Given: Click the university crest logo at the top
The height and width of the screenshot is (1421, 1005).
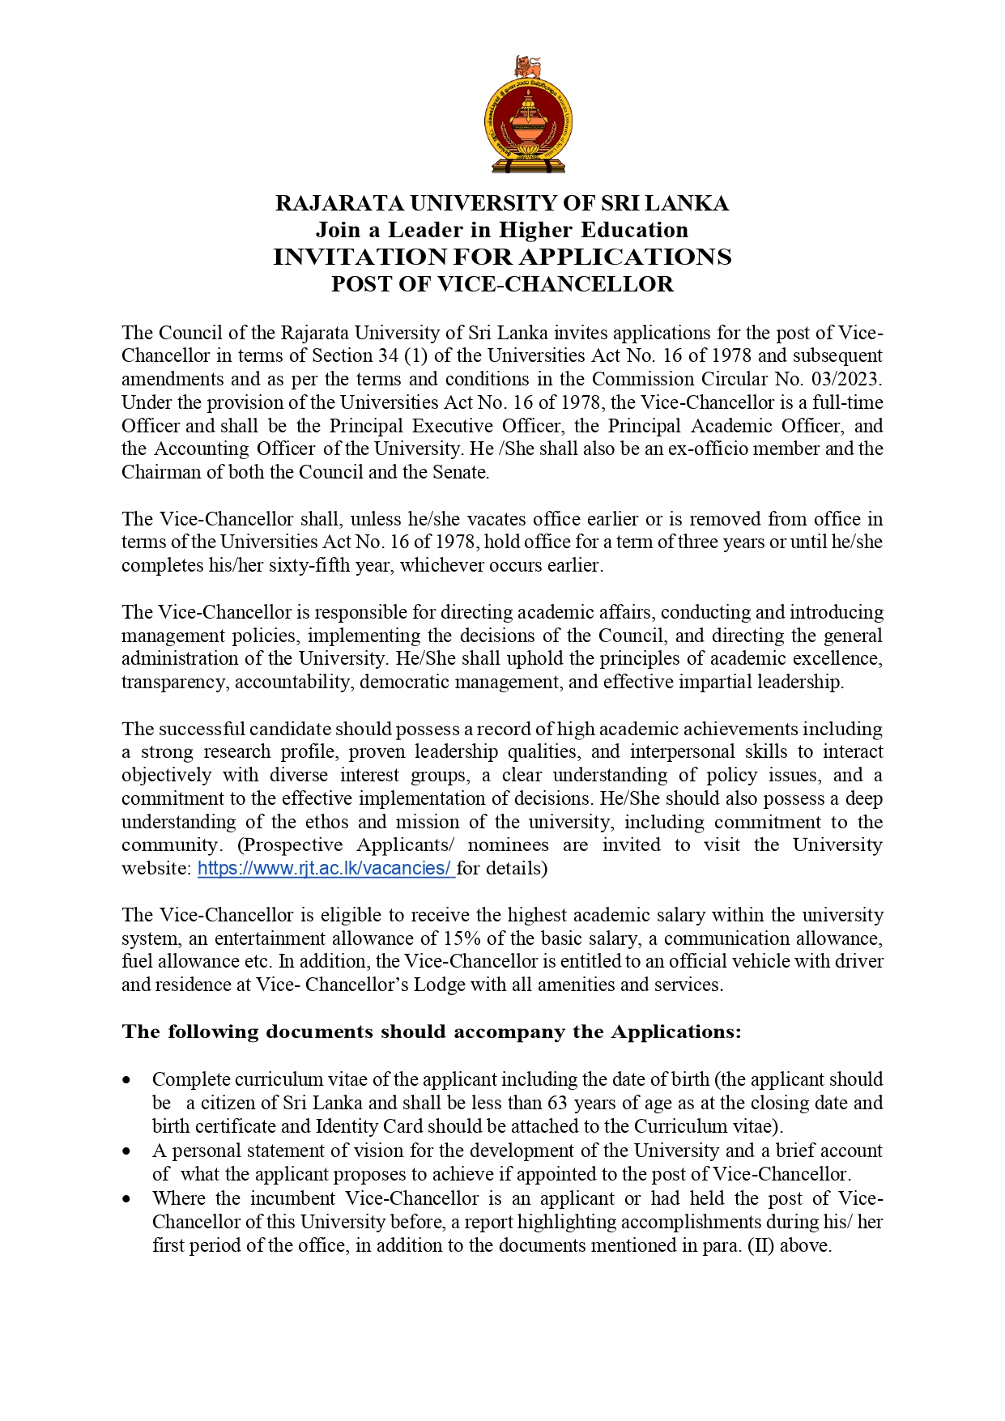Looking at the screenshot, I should (x=527, y=114).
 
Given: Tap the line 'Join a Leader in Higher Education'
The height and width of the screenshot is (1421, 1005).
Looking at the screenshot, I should (x=502, y=230).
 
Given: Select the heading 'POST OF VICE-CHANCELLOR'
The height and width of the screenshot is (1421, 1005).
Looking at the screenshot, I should (x=502, y=284).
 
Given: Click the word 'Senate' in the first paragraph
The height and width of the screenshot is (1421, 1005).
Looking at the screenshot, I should (x=462, y=473).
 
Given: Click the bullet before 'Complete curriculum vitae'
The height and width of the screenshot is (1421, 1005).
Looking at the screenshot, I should (x=126, y=1080).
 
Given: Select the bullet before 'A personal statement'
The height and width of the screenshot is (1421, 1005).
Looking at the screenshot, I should (x=126, y=1151).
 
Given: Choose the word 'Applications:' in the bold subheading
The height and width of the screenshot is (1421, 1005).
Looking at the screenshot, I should (x=676, y=1032).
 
